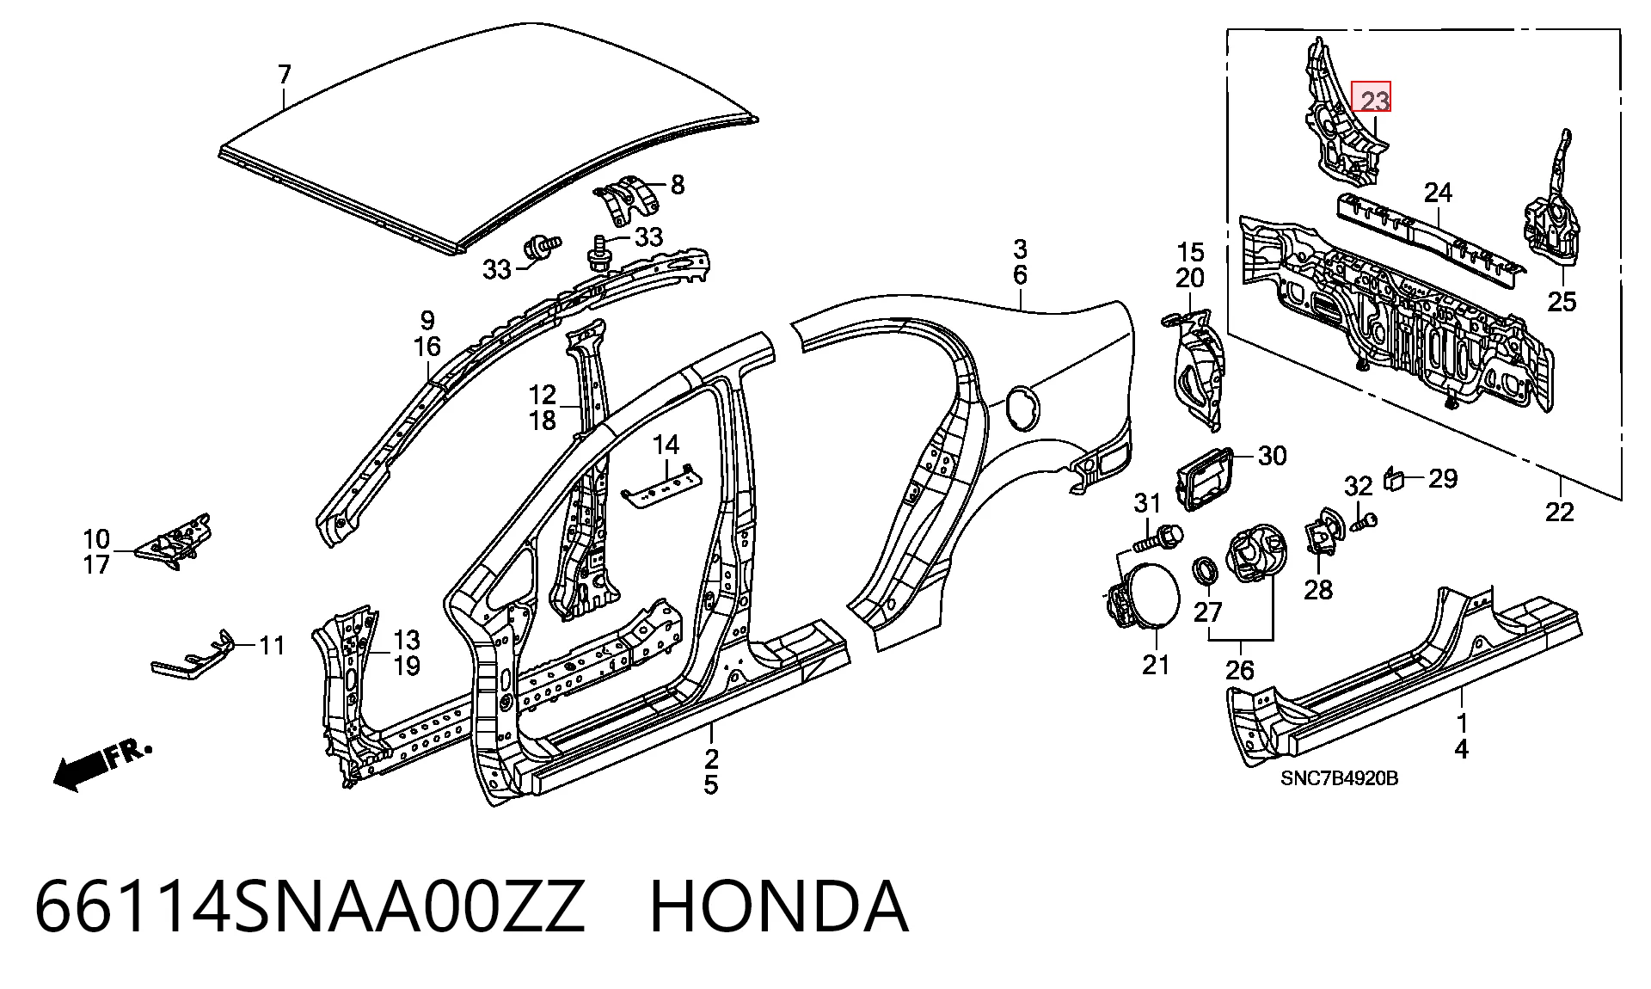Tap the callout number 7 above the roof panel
click(x=285, y=75)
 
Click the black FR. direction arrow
click(x=101, y=764)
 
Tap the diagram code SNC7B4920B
click(x=1339, y=778)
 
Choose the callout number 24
click(x=1438, y=193)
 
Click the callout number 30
click(x=1272, y=455)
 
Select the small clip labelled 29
click(x=1394, y=479)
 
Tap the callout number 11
click(x=272, y=645)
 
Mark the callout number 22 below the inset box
click(x=1559, y=512)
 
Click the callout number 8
click(x=677, y=184)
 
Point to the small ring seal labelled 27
click(x=1206, y=569)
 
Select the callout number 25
click(x=1562, y=302)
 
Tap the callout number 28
click(x=1317, y=589)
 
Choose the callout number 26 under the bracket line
click(x=1239, y=669)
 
